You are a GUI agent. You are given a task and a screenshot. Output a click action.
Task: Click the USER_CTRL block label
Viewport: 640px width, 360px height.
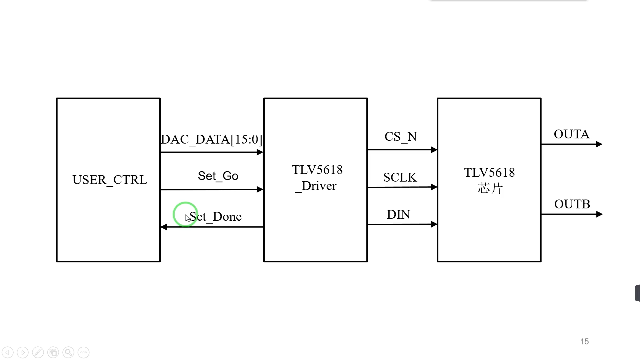pos(110,180)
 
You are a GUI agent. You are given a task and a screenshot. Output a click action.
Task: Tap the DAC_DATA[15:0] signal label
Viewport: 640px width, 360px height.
pos(211,139)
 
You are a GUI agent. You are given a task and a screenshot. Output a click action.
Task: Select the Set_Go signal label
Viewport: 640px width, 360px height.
pos(218,176)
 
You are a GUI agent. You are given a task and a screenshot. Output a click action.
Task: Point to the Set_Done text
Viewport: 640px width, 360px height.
pos(215,217)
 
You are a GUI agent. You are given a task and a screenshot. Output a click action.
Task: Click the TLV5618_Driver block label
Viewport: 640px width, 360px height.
pos(317,178)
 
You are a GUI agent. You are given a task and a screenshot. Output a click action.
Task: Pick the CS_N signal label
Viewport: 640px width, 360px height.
pos(401,137)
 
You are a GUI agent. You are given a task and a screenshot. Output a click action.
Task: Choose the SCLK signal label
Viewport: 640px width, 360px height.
pos(400,177)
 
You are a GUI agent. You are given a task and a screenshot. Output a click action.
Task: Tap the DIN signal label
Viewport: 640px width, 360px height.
pos(398,215)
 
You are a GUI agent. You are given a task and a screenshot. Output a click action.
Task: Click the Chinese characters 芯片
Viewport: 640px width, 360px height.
pos(490,189)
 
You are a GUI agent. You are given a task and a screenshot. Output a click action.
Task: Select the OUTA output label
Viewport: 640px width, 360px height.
pos(571,134)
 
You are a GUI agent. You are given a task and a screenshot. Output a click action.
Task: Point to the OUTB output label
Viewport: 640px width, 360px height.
pos(572,204)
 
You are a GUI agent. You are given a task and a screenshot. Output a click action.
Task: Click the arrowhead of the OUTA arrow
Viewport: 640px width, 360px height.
pos(599,144)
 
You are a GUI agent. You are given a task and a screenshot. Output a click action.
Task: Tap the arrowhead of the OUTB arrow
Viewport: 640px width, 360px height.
pos(599,214)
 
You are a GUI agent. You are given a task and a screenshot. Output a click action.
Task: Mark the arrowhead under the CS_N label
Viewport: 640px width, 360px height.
pos(434,150)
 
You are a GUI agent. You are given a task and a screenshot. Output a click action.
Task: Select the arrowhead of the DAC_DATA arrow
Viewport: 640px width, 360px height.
pos(260,152)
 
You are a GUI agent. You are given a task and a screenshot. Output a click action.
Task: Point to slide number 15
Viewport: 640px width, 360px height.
pos(584,342)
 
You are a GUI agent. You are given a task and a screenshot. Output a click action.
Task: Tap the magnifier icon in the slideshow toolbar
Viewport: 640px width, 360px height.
pos(68,352)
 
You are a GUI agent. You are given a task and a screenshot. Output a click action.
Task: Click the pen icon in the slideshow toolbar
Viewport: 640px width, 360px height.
pos(38,352)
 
